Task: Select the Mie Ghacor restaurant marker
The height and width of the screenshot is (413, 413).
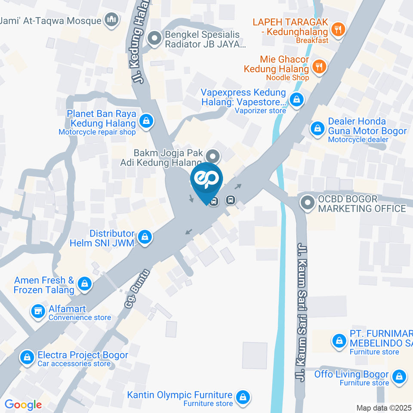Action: click(319, 66)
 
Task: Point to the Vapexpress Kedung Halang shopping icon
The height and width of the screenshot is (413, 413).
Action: click(296, 100)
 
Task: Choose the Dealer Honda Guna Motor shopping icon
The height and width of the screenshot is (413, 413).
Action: click(317, 128)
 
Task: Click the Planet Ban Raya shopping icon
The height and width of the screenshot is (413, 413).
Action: click(147, 121)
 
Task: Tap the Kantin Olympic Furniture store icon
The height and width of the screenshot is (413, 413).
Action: click(243, 396)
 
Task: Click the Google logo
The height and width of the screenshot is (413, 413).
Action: click(23, 405)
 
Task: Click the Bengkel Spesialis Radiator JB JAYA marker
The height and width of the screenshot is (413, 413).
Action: click(154, 39)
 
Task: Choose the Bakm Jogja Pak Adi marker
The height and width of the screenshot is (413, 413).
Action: click(212, 156)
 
